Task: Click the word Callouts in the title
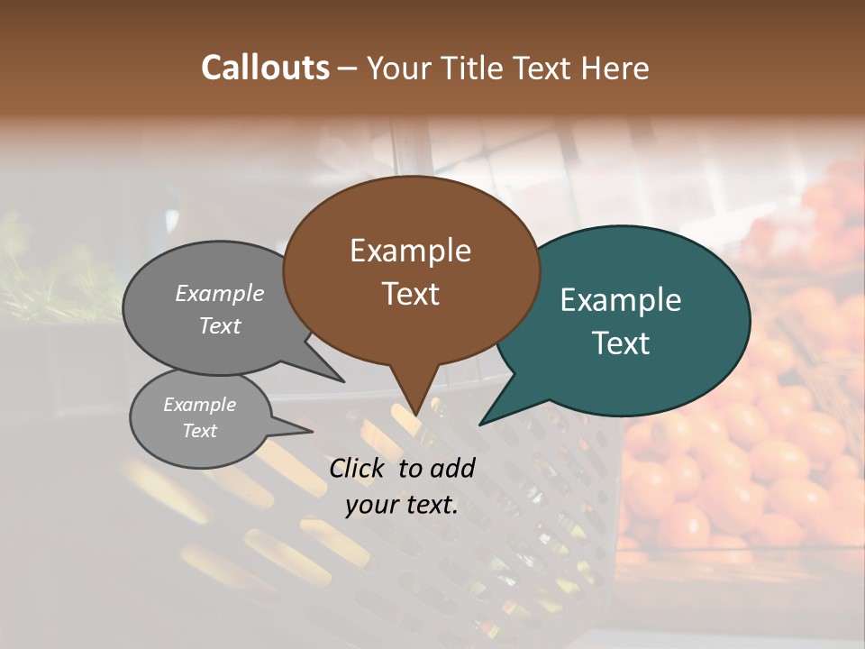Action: coord(265,68)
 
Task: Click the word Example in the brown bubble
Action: coord(410,251)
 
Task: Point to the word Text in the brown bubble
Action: coord(411,294)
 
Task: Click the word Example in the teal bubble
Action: coord(621,300)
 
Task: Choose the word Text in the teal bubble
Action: coord(621,343)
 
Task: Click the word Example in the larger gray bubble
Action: coord(220,293)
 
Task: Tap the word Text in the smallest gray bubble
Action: coord(199,431)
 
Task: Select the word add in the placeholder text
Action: coord(452,468)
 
